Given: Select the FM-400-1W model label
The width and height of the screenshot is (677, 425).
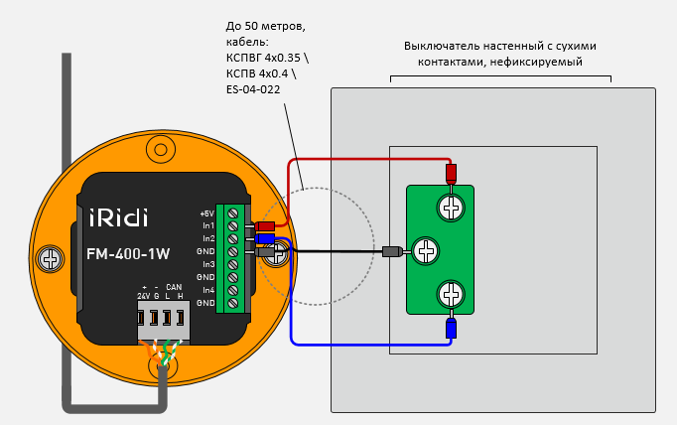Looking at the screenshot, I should pyautogui.click(x=126, y=253).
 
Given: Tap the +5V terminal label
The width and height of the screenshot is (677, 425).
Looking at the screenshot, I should pyautogui.click(x=206, y=213).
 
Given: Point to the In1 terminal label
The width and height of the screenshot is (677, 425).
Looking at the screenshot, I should pyautogui.click(x=208, y=226).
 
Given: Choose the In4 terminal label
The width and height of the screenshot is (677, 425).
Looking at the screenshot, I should pyautogui.click(x=208, y=289).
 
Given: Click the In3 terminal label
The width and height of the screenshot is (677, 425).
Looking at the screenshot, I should pyautogui.click(x=208, y=264).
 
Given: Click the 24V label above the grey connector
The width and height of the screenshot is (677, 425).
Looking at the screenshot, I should pyautogui.click(x=143, y=297).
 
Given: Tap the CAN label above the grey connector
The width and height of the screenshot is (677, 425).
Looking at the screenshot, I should pyautogui.click(x=174, y=287).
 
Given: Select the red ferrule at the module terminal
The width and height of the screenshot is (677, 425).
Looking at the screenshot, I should pyautogui.click(x=265, y=226).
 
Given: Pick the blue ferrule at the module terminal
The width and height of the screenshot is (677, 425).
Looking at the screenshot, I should pyautogui.click(x=265, y=238).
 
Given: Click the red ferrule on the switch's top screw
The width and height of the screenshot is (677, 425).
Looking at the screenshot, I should pyautogui.click(x=451, y=174).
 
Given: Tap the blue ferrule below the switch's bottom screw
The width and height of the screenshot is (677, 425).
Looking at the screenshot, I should pyautogui.click(x=451, y=327).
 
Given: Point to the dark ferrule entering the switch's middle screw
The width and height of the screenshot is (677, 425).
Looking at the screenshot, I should pyautogui.click(x=392, y=251).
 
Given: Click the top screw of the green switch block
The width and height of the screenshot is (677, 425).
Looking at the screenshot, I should pyautogui.click(x=452, y=209).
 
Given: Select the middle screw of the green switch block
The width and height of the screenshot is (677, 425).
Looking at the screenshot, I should pyautogui.click(x=425, y=251).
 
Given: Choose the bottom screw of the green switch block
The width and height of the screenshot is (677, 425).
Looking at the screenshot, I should pyautogui.click(x=452, y=294).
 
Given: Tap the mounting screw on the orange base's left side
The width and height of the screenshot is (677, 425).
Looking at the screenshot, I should pyautogui.click(x=49, y=260).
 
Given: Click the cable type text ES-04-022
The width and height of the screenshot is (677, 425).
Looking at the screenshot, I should pyautogui.click(x=253, y=89).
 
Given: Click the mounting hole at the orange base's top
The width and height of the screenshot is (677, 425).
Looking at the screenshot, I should pyautogui.click(x=160, y=149).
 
